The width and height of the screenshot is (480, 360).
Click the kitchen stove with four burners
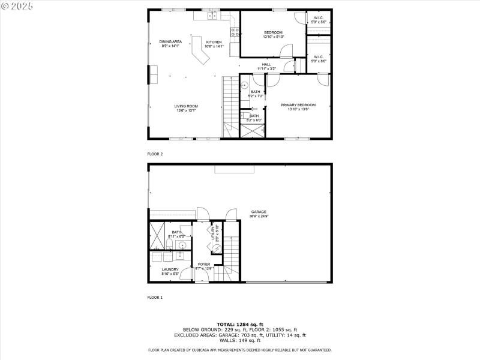click(233, 32)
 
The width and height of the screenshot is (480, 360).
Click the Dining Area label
click(170, 43)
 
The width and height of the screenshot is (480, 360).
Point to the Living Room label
click(186, 107)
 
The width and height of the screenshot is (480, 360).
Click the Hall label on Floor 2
click(266, 66)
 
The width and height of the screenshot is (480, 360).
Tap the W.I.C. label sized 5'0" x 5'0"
click(319, 19)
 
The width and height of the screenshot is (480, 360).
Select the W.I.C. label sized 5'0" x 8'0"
click(319, 58)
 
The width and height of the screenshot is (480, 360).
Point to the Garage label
click(259, 213)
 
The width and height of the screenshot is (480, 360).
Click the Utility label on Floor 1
click(213, 233)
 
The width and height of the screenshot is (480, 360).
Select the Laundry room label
click(170, 271)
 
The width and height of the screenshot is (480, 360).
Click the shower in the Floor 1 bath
click(158, 235)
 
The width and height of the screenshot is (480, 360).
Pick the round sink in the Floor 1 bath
click(181, 245)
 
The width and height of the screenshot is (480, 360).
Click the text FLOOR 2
click(155, 154)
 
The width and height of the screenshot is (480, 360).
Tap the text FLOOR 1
click(155, 297)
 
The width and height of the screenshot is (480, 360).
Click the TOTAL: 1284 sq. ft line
click(239, 324)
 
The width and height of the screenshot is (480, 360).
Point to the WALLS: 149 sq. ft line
click(239, 340)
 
